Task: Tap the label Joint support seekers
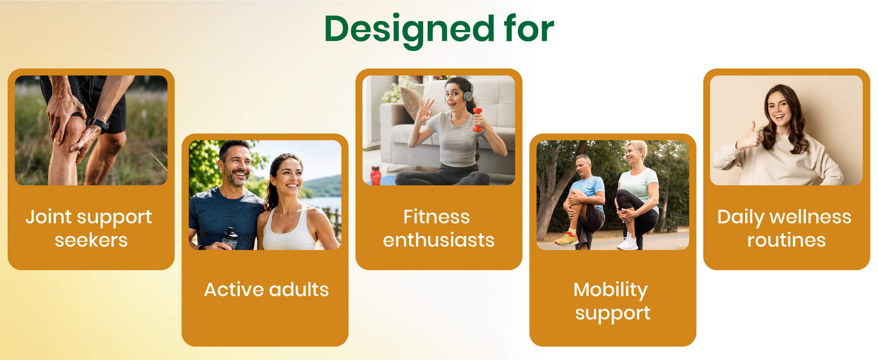tap(89, 228)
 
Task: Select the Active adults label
tap(266, 289)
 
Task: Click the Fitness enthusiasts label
tap(439, 228)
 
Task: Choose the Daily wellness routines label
tap(785, 228)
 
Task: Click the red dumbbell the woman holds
tap(477, 120)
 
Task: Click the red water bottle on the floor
tap(375, 175)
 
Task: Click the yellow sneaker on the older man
tap(567, 238)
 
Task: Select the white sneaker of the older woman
tap(627, 242)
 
